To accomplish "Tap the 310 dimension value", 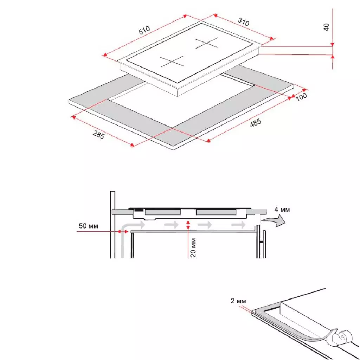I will tap(243, 22).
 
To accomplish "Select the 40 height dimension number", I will tap(326, 27).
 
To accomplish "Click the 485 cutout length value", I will tap(255, 124).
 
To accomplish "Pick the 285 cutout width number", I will tap(98, 135).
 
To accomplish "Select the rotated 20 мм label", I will tap(193, 247).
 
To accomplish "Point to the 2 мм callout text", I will tap(239, 301).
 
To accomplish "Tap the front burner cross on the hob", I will tap(172, 62).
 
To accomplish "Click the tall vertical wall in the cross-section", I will tap(112, 225).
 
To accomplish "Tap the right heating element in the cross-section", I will tap(216, 212).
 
